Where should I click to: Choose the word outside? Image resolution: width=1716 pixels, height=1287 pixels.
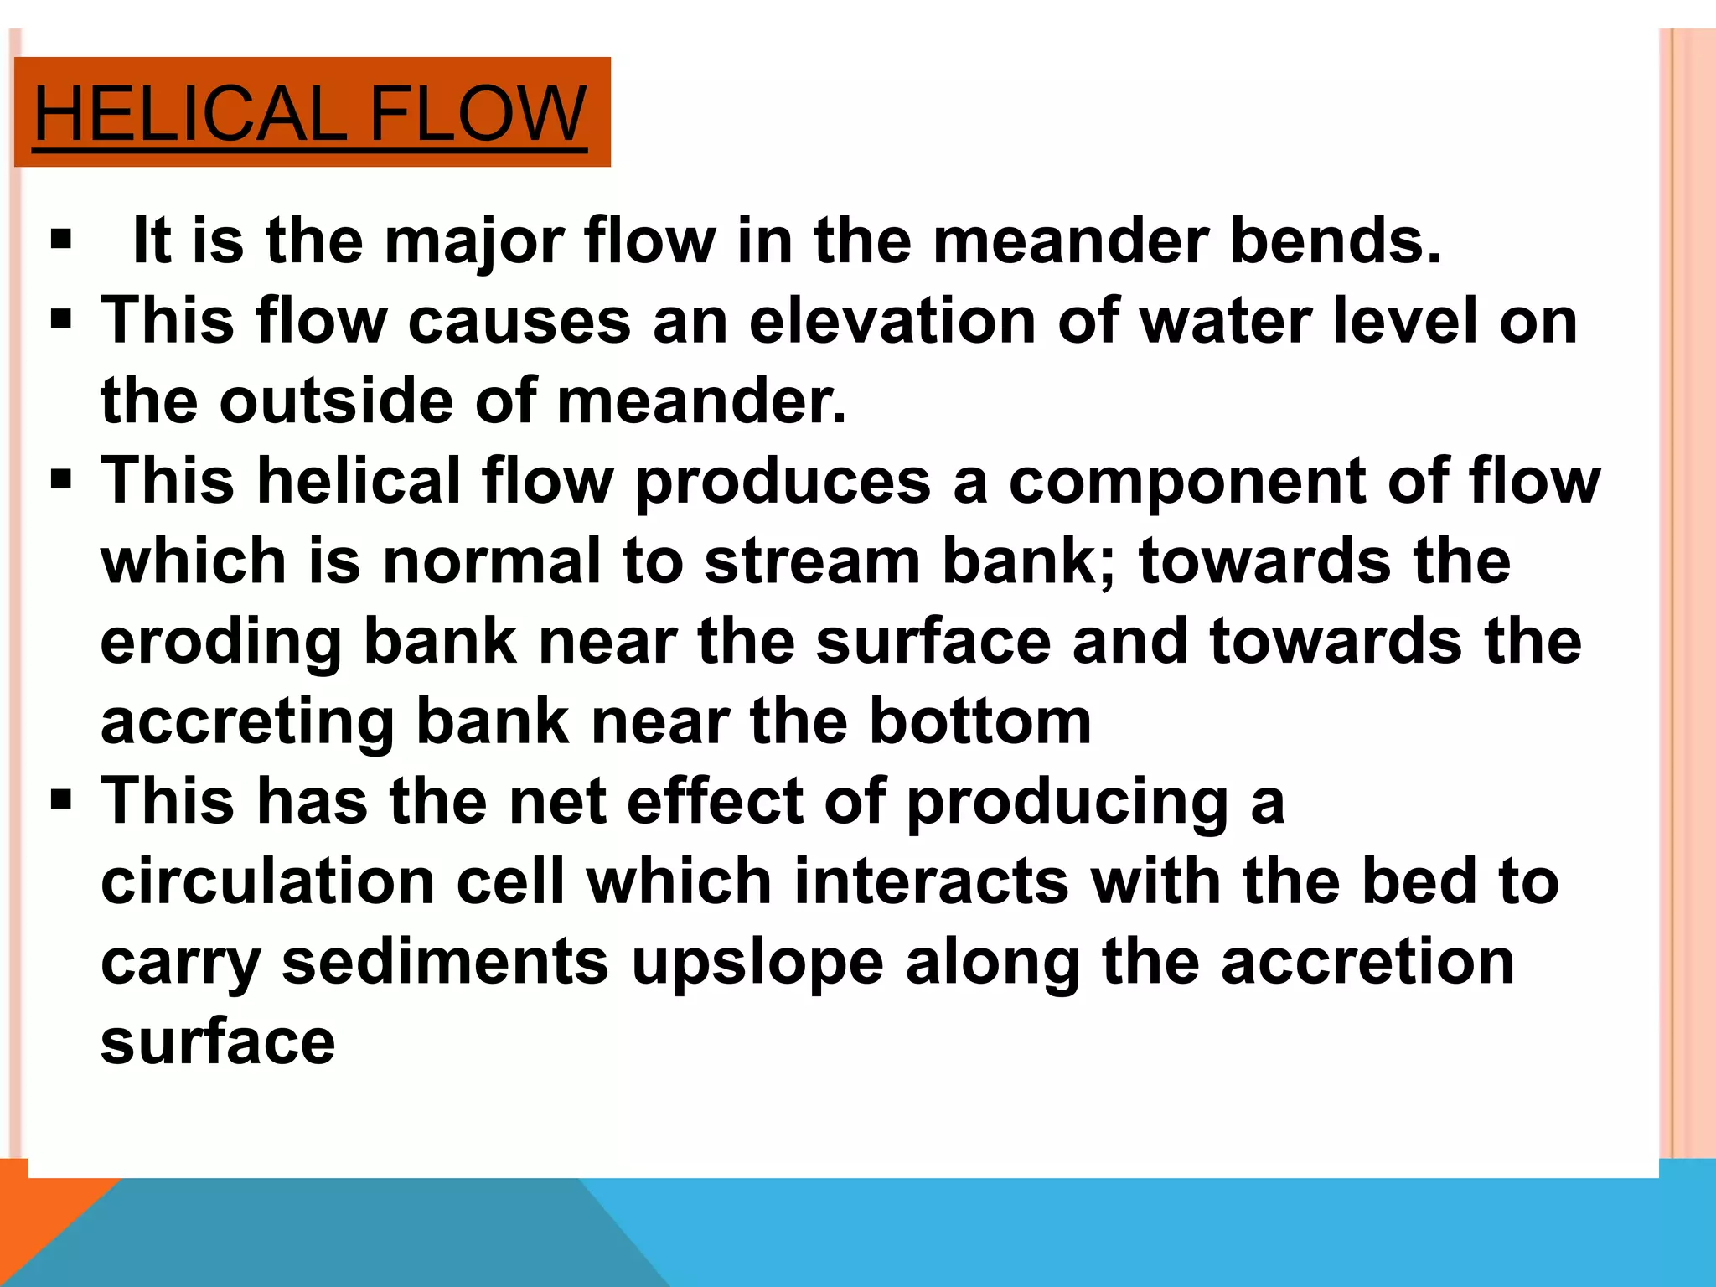point(337,401)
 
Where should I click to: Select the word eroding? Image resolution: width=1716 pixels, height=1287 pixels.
point(221,641)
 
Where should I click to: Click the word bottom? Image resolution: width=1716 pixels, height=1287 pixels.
point(979,721)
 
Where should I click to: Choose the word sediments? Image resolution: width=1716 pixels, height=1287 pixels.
point(444,962)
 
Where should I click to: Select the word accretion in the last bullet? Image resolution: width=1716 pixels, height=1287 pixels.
point(1367,962)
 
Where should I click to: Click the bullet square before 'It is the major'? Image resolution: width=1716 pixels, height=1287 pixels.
point(61,241)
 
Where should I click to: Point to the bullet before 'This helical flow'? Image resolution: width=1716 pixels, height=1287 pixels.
point(61,481)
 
